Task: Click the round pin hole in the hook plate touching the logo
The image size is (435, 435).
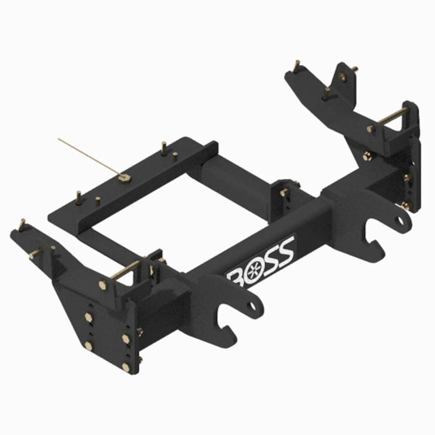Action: click(251, 306)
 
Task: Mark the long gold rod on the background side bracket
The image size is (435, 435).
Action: click(390, 119)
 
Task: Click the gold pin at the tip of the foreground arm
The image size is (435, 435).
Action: click(22, 223)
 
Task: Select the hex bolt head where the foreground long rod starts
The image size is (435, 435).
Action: click(104, 284)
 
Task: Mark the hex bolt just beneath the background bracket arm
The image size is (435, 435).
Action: click(367, 157)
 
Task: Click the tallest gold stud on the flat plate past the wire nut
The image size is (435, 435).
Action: click(163, 146)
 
